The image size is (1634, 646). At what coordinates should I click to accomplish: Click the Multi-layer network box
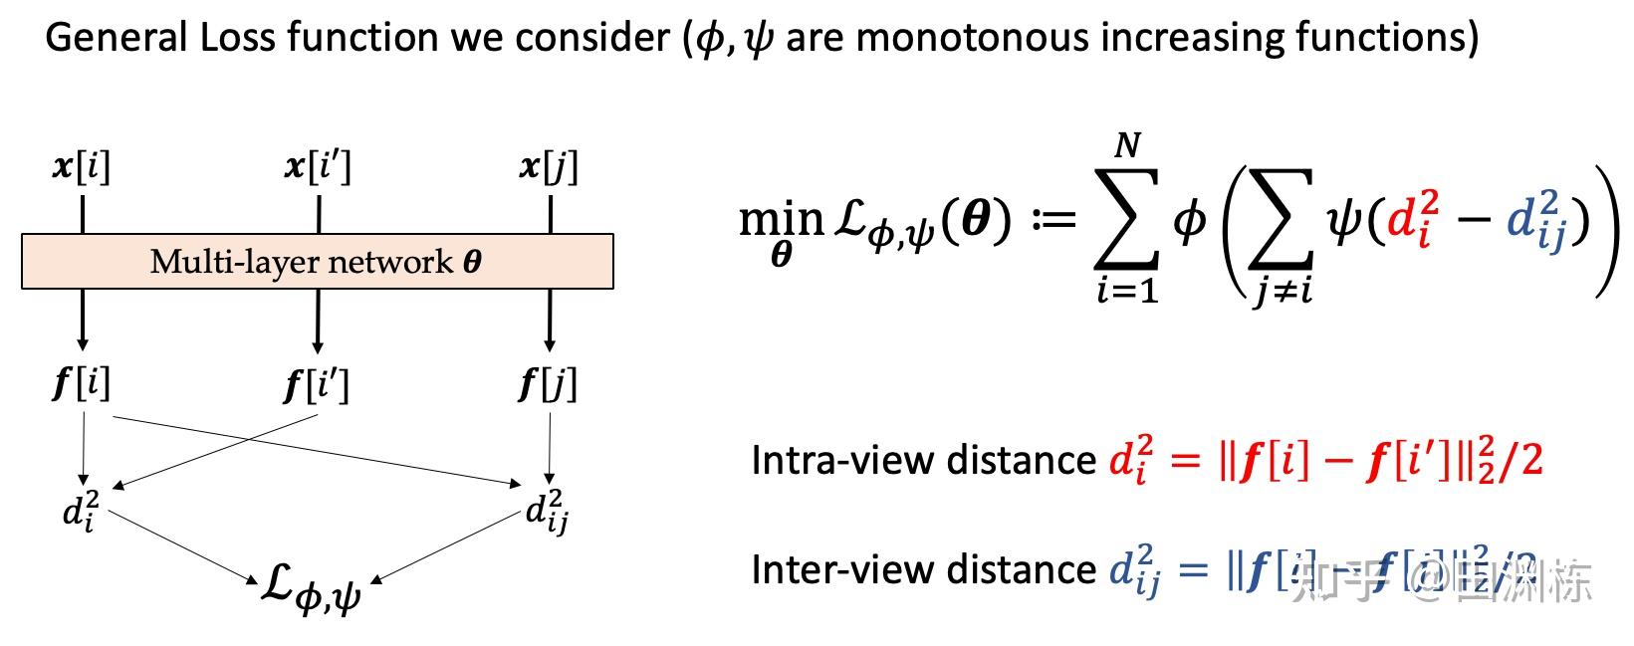317,262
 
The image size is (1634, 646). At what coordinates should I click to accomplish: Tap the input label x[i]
82,166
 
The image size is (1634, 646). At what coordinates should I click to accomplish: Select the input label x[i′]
318,166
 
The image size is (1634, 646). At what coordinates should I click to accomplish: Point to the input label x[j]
549,166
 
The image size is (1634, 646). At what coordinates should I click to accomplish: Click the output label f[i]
82,382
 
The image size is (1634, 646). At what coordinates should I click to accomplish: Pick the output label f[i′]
318,384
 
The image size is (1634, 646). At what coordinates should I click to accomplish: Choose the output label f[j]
549,384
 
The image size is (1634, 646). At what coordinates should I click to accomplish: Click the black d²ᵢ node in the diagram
81,509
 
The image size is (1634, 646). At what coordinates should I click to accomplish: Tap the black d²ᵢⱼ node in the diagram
547,511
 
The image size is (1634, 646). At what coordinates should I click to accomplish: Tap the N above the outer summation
1126,146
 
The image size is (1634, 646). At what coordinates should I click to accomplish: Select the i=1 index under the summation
1127,292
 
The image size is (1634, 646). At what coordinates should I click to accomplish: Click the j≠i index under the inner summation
1282,292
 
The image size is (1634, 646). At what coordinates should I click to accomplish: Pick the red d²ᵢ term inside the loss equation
1413,218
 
